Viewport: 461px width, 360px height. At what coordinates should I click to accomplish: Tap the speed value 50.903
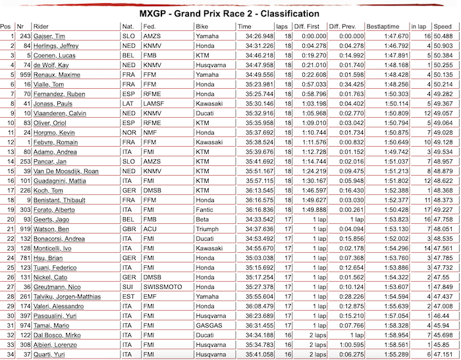click(443, 45)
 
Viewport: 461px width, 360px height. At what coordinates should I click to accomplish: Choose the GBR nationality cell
click(129, 229)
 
